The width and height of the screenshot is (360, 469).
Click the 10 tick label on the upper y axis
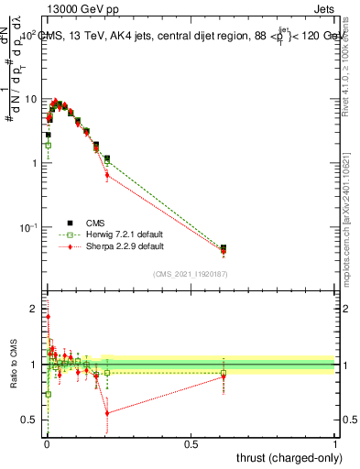tap(30, 99)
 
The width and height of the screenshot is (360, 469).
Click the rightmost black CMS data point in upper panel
tap(224, 247)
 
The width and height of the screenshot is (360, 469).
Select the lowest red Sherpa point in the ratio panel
tap(107, 413)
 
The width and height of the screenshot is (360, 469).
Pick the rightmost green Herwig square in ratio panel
tap(224, 373)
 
